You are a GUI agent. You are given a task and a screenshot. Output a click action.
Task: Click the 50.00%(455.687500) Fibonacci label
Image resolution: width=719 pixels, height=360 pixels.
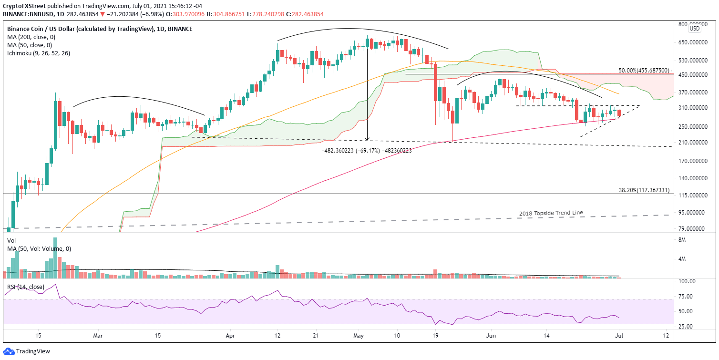(644, 70)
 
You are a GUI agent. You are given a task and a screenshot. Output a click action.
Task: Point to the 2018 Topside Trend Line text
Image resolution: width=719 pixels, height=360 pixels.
(551, 213)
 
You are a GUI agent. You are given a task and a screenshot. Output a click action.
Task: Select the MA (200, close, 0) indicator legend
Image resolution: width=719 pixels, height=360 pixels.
(30, 37)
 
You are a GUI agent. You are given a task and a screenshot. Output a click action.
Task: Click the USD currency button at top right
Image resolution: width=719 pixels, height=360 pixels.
(695, 28)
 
